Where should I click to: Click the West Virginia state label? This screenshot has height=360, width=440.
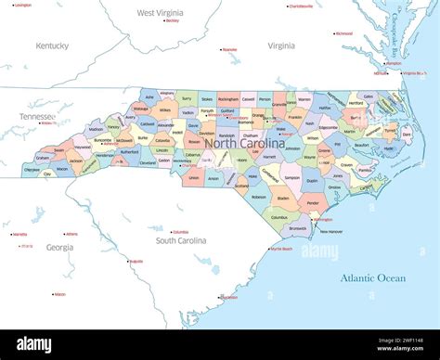click(159, 13)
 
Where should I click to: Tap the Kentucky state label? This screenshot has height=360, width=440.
click(52, 45)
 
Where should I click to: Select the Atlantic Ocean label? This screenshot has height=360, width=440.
click(372, 277)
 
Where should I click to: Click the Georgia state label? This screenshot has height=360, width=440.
click(59, 248)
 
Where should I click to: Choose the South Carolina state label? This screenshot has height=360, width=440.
click(181, 240)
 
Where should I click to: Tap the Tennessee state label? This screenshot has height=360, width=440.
click(36, 116)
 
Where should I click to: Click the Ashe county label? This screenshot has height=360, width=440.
click(149, 96)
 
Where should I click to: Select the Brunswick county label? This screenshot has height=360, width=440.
click(298, 227)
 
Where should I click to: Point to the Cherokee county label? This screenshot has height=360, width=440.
click(32, 170)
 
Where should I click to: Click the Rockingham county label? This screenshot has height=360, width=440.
click(228, 97)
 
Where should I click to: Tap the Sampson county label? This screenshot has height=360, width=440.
click(292, 176)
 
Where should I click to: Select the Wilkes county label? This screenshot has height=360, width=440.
click(165, 110)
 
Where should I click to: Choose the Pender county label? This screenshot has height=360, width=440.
click(313, 201)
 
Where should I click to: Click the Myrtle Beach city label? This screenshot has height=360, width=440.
click(282, 249)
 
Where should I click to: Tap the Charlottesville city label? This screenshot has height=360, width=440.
click(300, 6)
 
